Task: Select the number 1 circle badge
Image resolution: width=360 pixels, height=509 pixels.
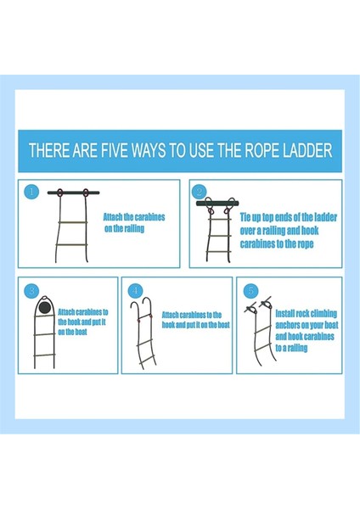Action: [31, 192]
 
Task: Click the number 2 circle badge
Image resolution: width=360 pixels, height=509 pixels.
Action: [200, 192]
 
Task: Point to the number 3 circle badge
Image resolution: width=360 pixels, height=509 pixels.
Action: [31, 290]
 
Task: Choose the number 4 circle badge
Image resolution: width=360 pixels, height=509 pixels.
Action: [135, 290]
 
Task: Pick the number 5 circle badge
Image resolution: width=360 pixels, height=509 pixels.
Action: [250, 290]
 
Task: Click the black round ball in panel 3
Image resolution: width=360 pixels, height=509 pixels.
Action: [44, 307]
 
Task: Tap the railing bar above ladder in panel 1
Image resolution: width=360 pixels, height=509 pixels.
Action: [73, 193]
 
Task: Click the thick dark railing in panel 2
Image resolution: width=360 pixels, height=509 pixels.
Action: [217, 204]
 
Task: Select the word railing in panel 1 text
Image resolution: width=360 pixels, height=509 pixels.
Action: [133, 228]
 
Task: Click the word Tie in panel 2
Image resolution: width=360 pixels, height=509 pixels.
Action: [245, 217]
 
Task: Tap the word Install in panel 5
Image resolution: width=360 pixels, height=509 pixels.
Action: [285, 314]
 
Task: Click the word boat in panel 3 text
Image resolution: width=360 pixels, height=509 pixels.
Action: [81, 332]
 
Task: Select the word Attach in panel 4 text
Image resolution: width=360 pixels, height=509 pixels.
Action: [171, 315]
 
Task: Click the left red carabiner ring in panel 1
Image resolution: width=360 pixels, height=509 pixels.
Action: [59, 193]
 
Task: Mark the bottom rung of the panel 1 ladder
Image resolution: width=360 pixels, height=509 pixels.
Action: [71, 245]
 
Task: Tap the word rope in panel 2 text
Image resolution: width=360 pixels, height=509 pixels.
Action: [305, 244]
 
